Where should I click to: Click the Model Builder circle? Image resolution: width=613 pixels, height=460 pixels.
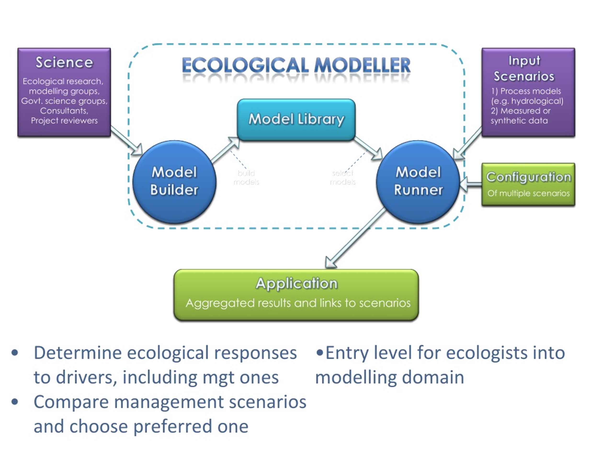click(x=174, y=182)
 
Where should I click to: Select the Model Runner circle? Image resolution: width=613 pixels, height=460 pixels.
click(x=418, y=182)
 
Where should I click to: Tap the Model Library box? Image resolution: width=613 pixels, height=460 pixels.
click(x=296, y=120)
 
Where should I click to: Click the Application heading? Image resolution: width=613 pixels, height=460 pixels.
click(x=296, y=283)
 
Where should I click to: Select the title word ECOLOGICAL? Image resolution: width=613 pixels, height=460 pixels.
click(x=245, y=65)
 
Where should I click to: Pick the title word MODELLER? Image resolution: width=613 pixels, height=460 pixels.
click(x=363, y=65)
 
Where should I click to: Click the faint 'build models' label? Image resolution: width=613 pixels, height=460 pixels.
click(x=246, y=178)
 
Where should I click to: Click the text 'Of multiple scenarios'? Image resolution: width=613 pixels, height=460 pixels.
click(x=528, y=193)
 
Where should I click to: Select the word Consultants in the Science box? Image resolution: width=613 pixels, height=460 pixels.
click(x=64, y=111)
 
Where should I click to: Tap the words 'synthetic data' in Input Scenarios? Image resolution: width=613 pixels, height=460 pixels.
click(x=519, y=121)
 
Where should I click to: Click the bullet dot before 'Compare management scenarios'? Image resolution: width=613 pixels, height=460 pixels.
click(x=15, y=402)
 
